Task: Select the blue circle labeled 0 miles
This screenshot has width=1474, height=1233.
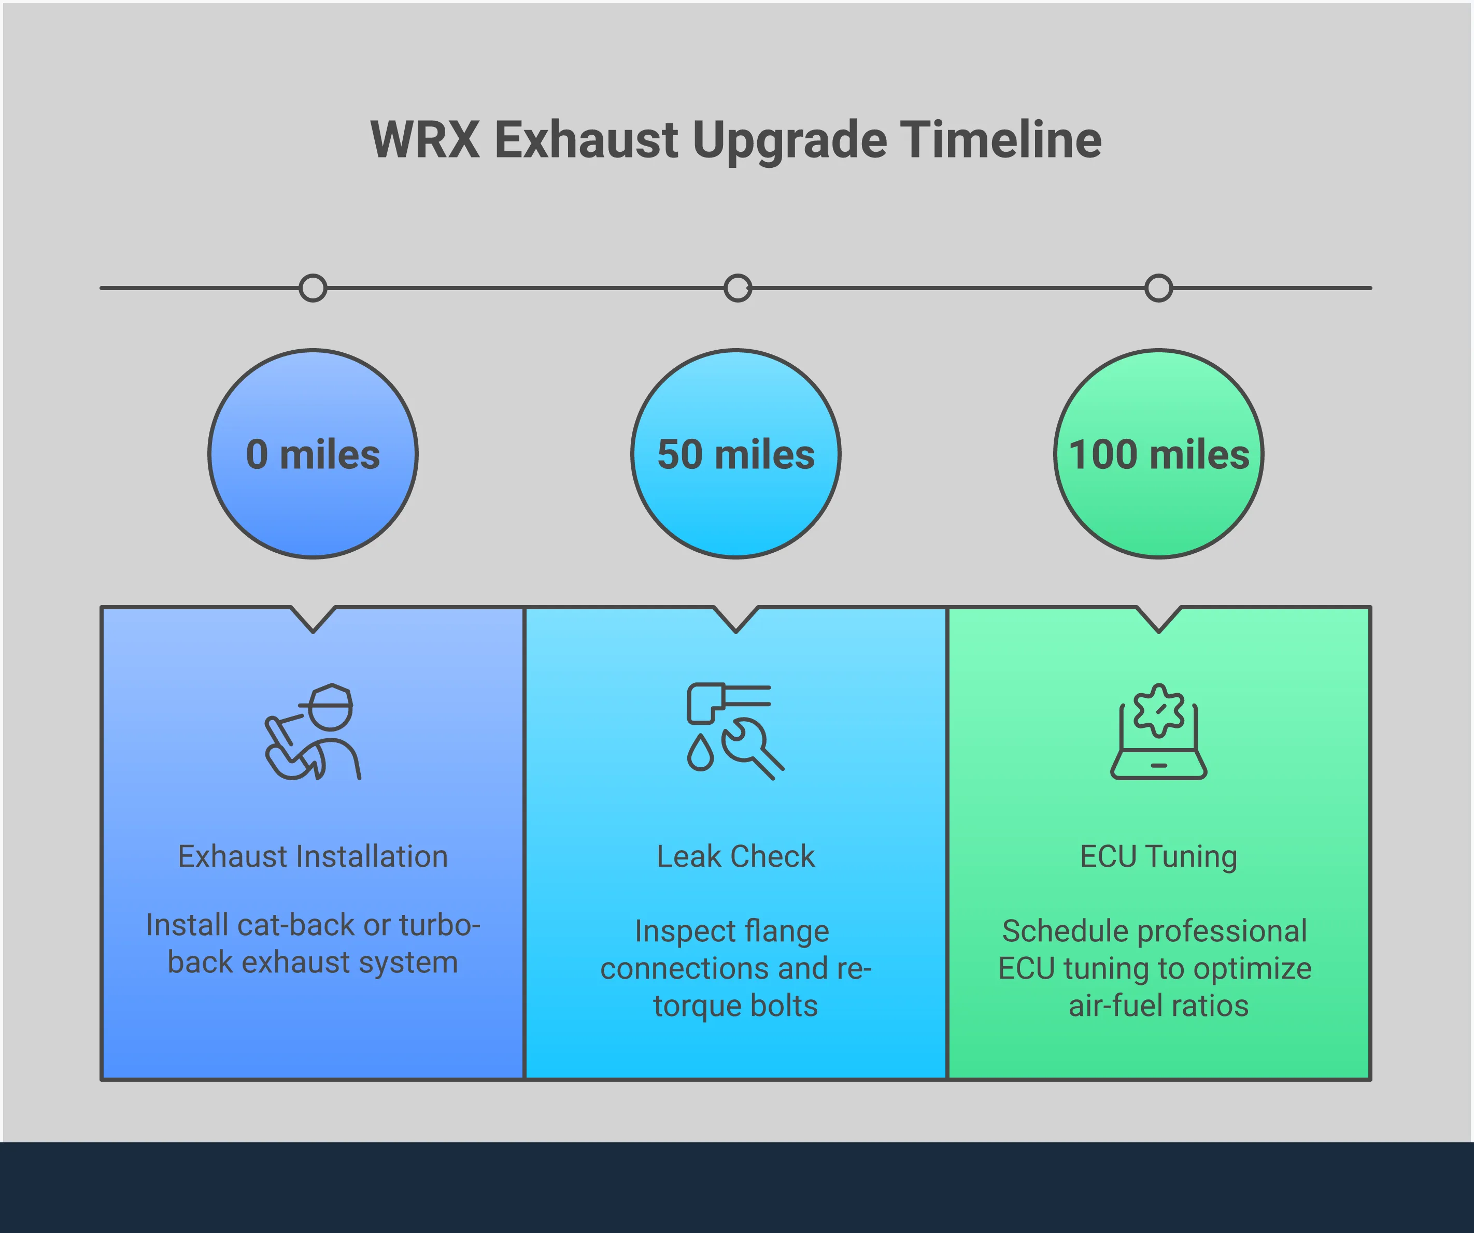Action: pos(313,454)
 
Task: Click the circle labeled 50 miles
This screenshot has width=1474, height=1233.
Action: pos(735,454)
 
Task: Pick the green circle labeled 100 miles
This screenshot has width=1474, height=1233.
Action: pos(1158,454)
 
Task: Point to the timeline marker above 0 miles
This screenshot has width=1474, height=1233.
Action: pos(313,288)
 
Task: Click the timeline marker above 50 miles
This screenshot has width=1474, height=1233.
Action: pos(737,288)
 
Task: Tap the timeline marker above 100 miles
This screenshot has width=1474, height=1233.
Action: pos(1158,288)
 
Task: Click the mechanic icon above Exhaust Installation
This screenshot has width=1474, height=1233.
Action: pos(313,731)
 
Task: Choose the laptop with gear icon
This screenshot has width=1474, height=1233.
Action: pos(1158,731)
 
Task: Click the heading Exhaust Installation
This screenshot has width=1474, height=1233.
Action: pos(313,857)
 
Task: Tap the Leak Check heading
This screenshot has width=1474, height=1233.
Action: pos(735,857)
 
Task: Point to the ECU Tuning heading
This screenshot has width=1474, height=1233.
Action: pos(1158,857)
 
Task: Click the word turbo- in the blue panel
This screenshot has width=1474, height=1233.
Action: pos(440,925)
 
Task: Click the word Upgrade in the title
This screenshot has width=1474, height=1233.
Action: pos(790,140)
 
